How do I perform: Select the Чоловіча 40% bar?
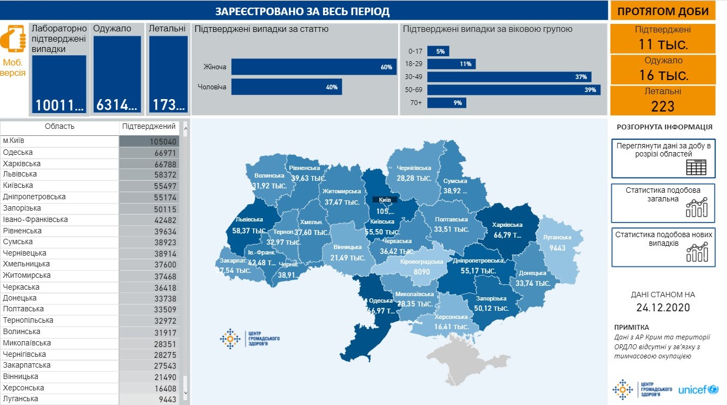point(287,87)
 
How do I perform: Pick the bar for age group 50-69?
point(514,90)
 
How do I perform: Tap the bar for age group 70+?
point(447,103)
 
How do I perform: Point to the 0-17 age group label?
point(415,51)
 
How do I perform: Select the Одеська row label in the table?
point(18,153)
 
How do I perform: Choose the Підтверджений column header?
point(149,127)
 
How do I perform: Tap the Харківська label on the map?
point(507,225)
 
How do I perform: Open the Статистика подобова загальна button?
point(663,203)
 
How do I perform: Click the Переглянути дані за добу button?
point(663,158)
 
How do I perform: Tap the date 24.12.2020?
point(663,308)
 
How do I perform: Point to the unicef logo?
point(698,389)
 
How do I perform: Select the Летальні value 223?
point(663,106)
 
